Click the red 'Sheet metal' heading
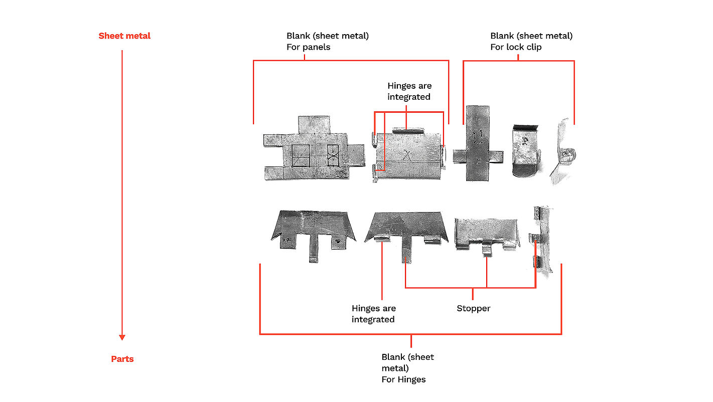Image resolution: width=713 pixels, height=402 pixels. pos(124,36)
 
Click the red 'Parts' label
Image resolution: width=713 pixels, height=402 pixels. pos(122,359)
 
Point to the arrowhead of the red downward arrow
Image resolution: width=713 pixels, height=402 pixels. pos(122,337)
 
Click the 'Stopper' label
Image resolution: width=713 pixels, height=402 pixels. pos(473,308)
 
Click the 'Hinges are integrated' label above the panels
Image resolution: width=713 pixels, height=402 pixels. pos(409,91)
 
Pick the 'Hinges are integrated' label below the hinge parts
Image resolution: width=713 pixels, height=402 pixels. pos(373,314)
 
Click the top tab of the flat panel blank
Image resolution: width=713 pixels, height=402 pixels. pos(314,124)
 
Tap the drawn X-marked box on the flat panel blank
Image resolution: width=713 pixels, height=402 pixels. pos(333,155)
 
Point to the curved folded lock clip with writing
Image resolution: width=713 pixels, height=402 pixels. pos(525,150)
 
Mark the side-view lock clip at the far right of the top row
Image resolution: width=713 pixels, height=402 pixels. pos(564,153)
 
